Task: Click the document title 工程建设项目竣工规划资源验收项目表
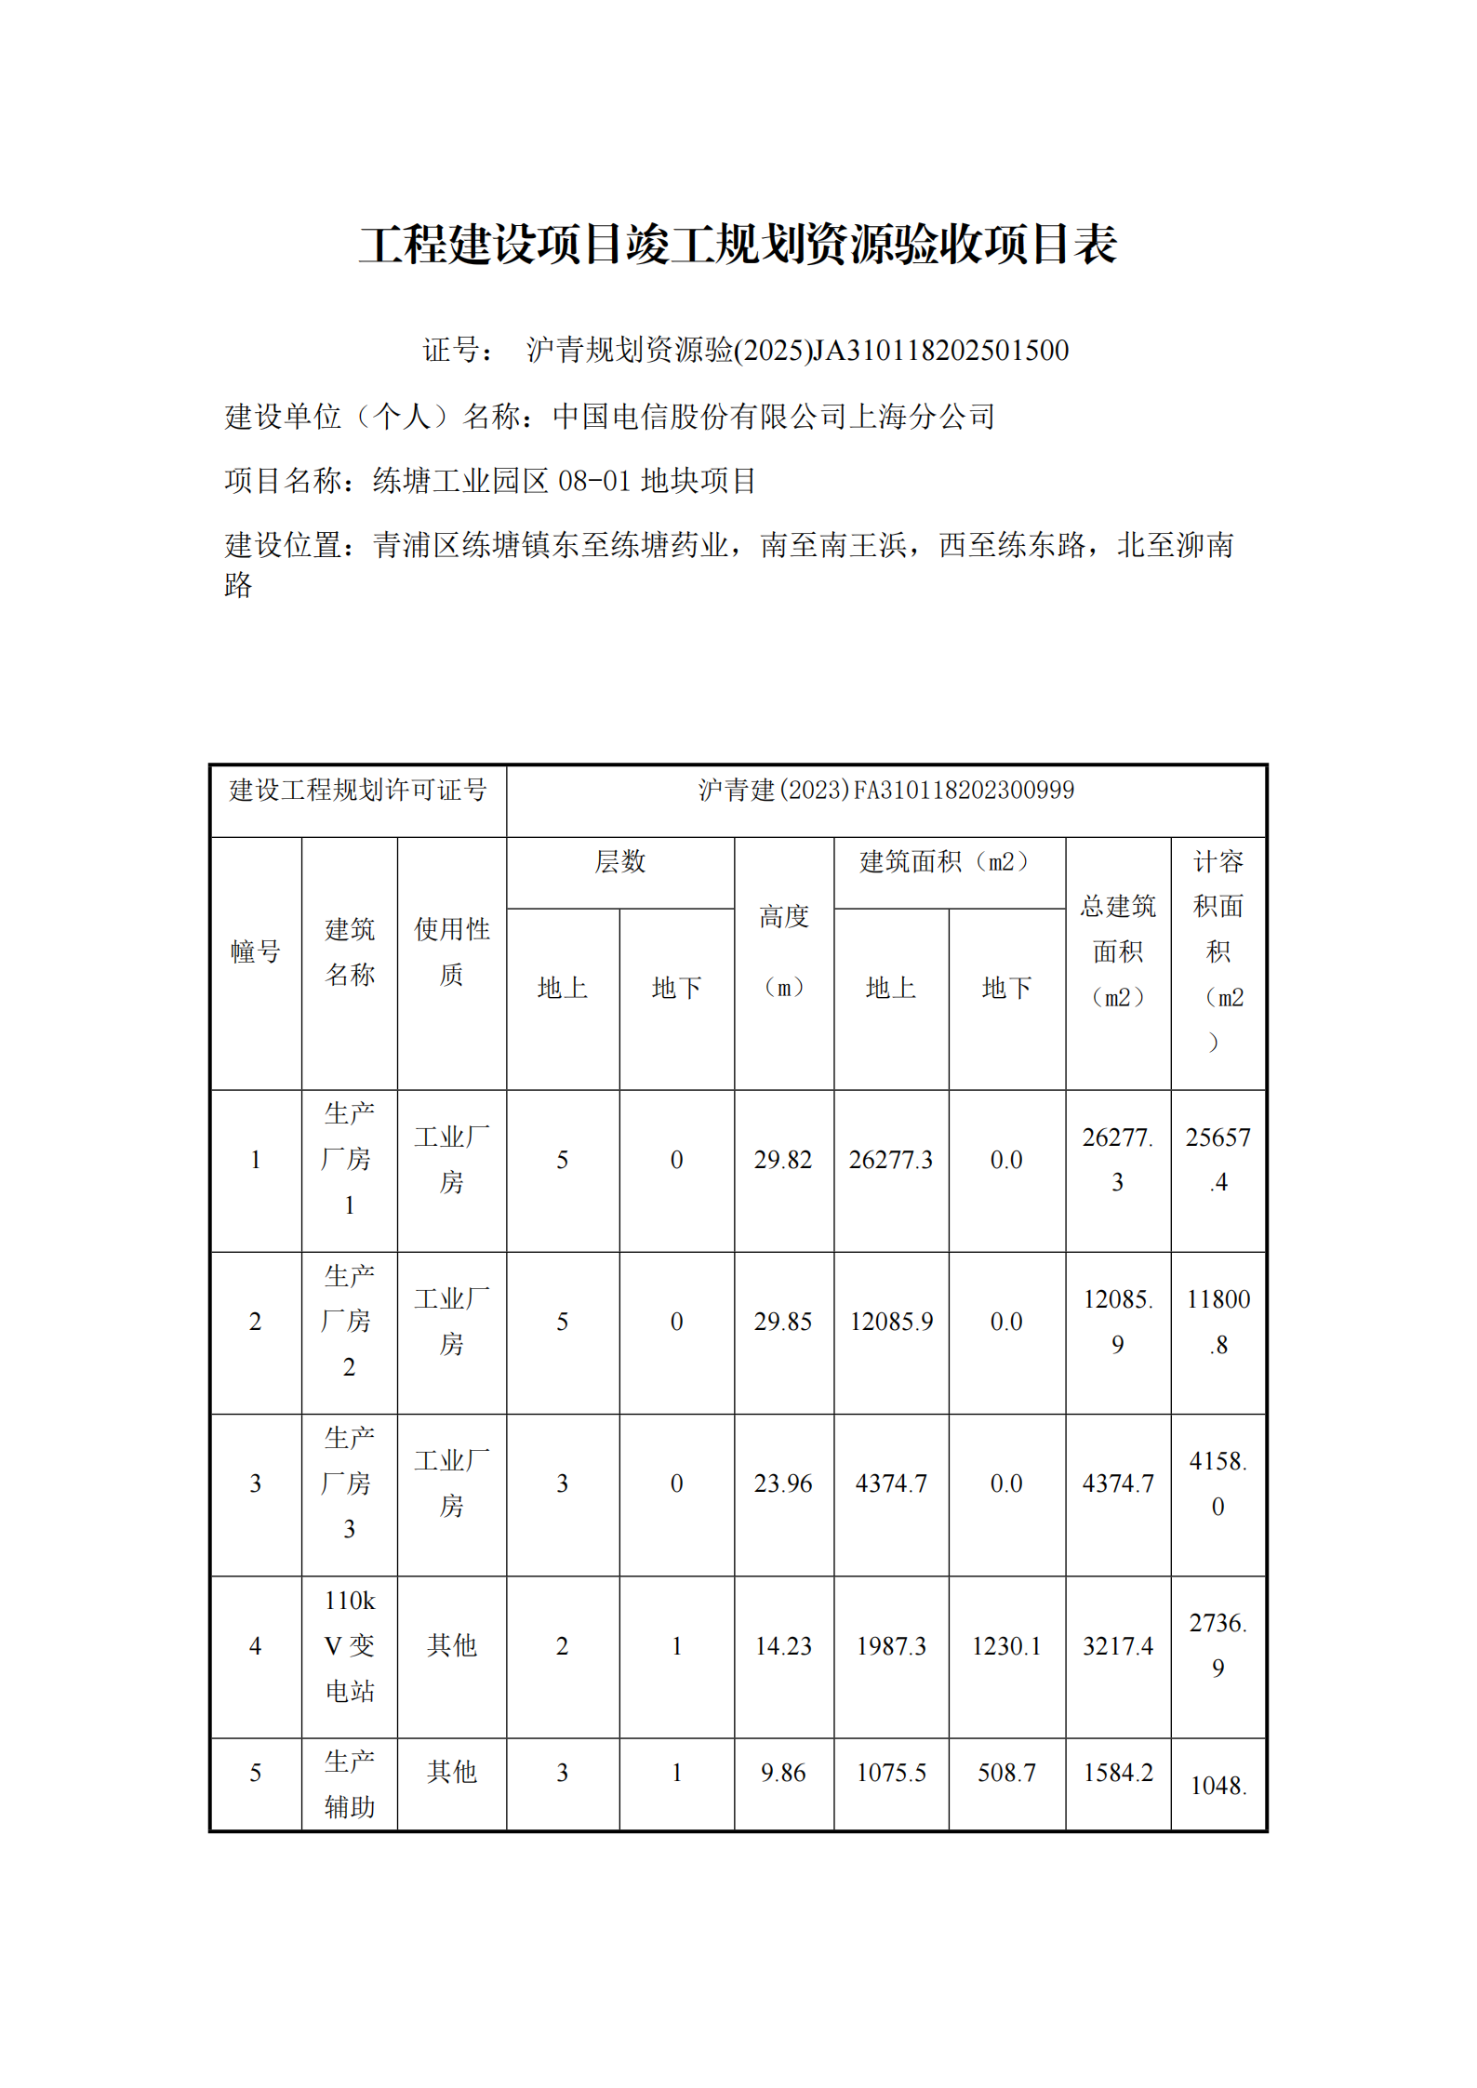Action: pos(738,245)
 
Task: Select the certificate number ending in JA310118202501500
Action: pos(797,350)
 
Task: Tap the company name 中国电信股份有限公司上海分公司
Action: pos(774,416)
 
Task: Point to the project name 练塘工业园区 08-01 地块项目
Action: pos(565,480)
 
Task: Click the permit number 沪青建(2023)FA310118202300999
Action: pos(885,790)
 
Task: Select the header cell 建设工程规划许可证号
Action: pos(358,790)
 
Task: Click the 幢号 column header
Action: pos(256,951)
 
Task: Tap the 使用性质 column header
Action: pos(451,951)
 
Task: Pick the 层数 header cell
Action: pos(619,861)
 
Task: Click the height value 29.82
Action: pos(783,1159)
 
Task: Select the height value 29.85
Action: pos(783,1321)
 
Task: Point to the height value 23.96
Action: pos(783,1483)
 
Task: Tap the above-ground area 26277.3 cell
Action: pos(890,1159)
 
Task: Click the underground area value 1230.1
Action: pos(1005,1645)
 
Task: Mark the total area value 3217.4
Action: pos(1117,1645)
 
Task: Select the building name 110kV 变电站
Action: pos(350,1645)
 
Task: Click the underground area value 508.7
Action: pos(1005,1772)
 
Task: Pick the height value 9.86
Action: pos(783,1772)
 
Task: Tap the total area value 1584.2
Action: pos(1117,1772)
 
